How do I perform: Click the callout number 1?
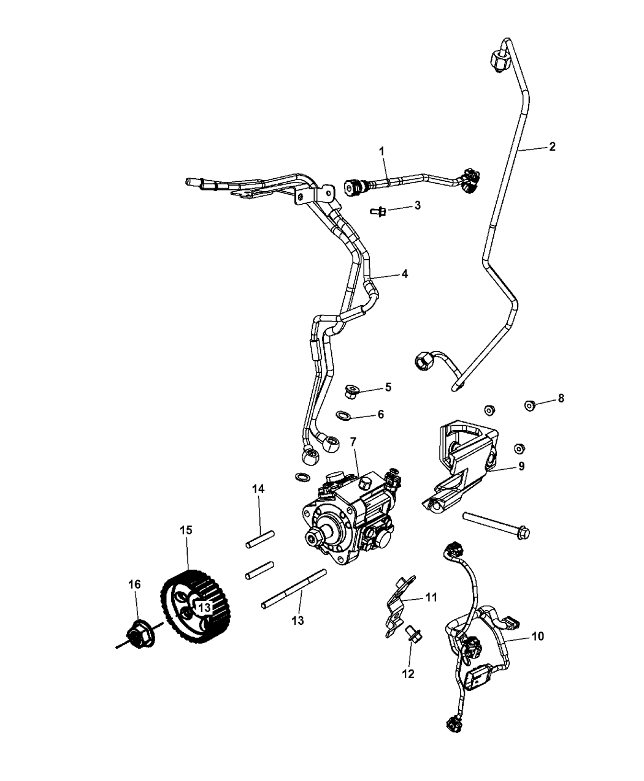(x=381, y=149)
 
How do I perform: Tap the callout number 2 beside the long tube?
(x=552, y=146)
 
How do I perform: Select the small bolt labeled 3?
(x=378, y=211)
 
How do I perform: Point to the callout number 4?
(x=405, y=274)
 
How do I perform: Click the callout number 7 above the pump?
(x=353, y=441)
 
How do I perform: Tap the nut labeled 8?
(x=530, y=404)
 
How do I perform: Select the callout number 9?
(x=521, y=466)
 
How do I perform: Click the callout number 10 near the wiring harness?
(x=537, y=636)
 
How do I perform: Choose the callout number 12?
(x=408, y=674)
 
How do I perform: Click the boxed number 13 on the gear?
(x=204, y=606)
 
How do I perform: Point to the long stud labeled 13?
(x=293, y=589)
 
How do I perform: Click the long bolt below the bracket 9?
(x=497, y=522)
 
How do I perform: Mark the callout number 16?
(x=134, y=584)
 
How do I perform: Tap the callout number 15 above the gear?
(x=185, y=530)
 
